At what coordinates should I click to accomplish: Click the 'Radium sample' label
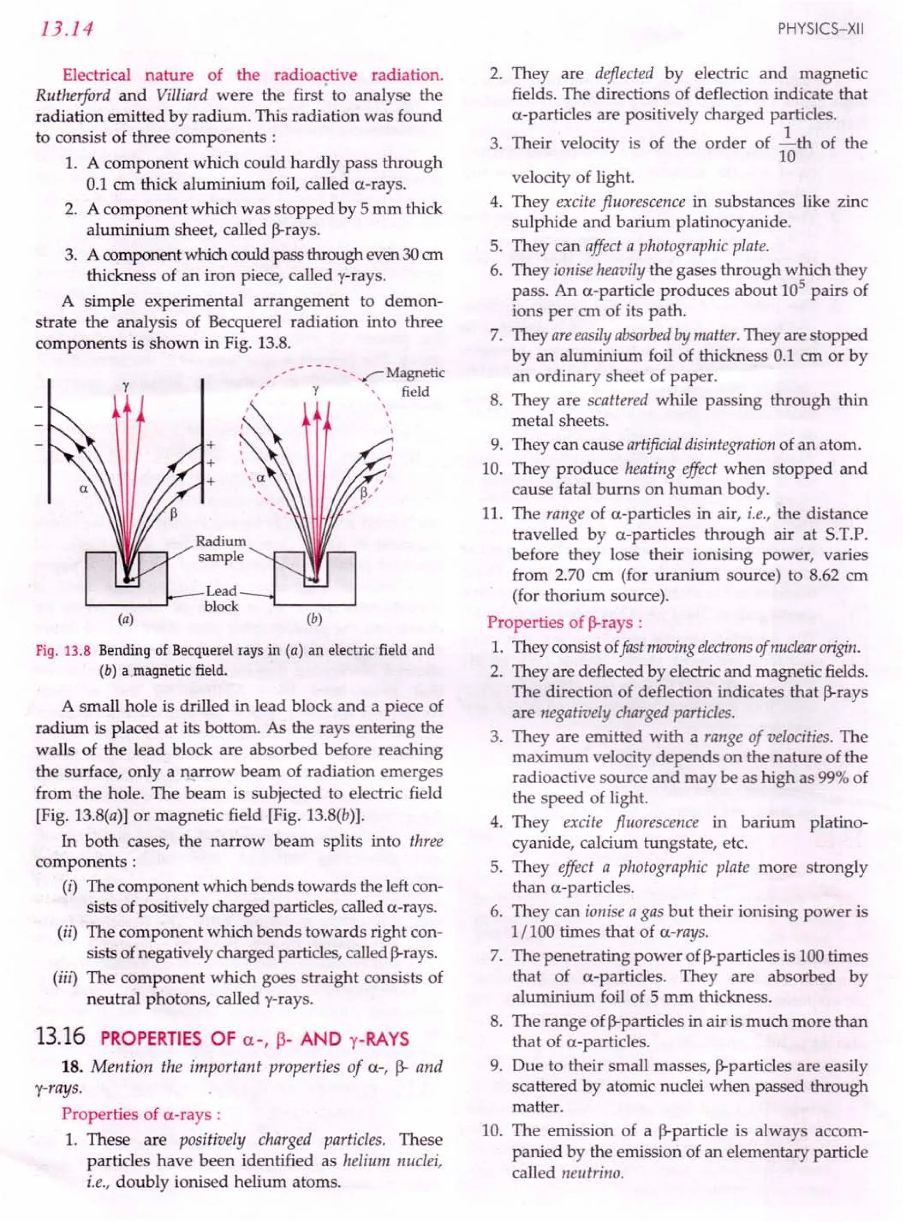coord(221,549)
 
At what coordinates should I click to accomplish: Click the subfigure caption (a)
coord(126,619)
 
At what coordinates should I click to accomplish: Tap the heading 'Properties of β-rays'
coord(564,622)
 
